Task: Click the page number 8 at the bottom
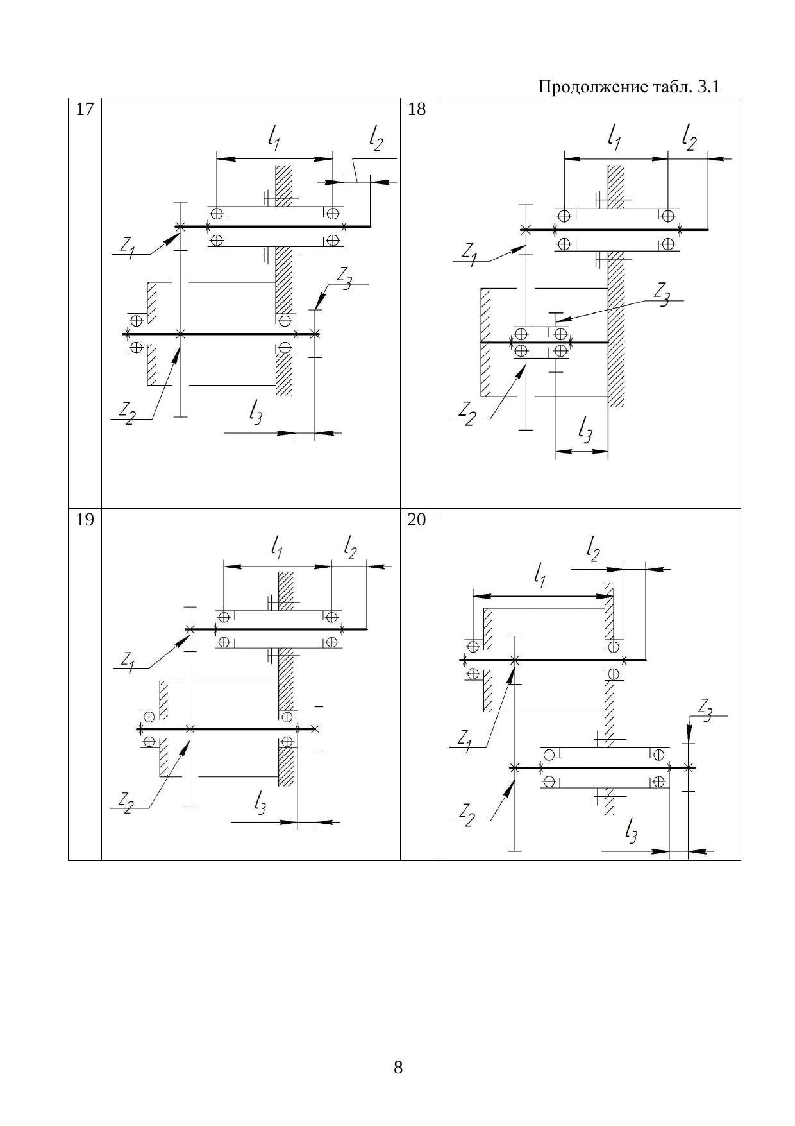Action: pos(398,1068)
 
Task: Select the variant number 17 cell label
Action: pos(85,110)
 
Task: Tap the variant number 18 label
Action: pos(417,110)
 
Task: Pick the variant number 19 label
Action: pos(85,520)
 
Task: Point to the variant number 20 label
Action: pos(417,520)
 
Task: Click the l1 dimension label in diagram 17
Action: pos(274,137)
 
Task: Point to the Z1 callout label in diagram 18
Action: pos(470,252)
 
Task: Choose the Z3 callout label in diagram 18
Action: pos(662,293)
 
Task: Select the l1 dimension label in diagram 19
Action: pos(277,547)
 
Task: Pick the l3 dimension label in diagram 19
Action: pos(260,802)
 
